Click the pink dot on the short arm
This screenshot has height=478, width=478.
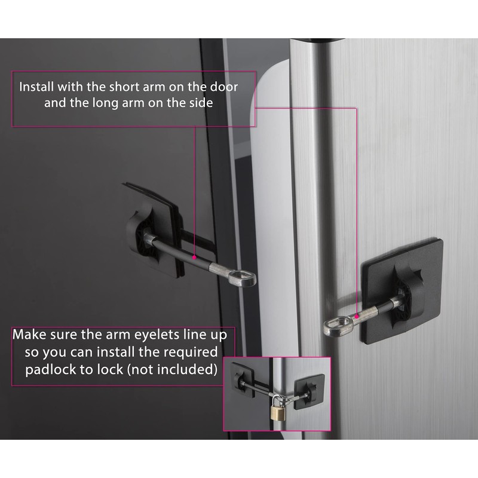click(x=357, y=314)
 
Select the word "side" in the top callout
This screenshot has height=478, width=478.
click(x=198, y=103)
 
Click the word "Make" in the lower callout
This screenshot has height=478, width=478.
click(x=30, y=333)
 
